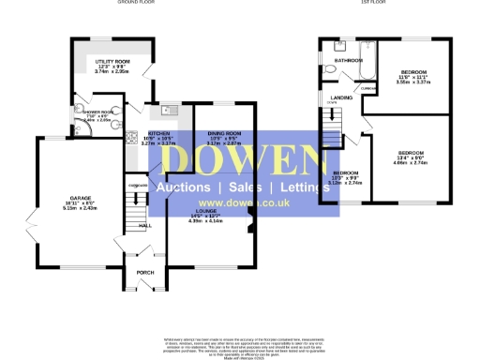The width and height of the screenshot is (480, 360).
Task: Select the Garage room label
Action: [67, 198]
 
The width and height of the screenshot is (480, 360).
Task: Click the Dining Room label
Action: [224, 134]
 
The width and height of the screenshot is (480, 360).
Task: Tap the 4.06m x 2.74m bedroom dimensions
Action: [412, 162]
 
